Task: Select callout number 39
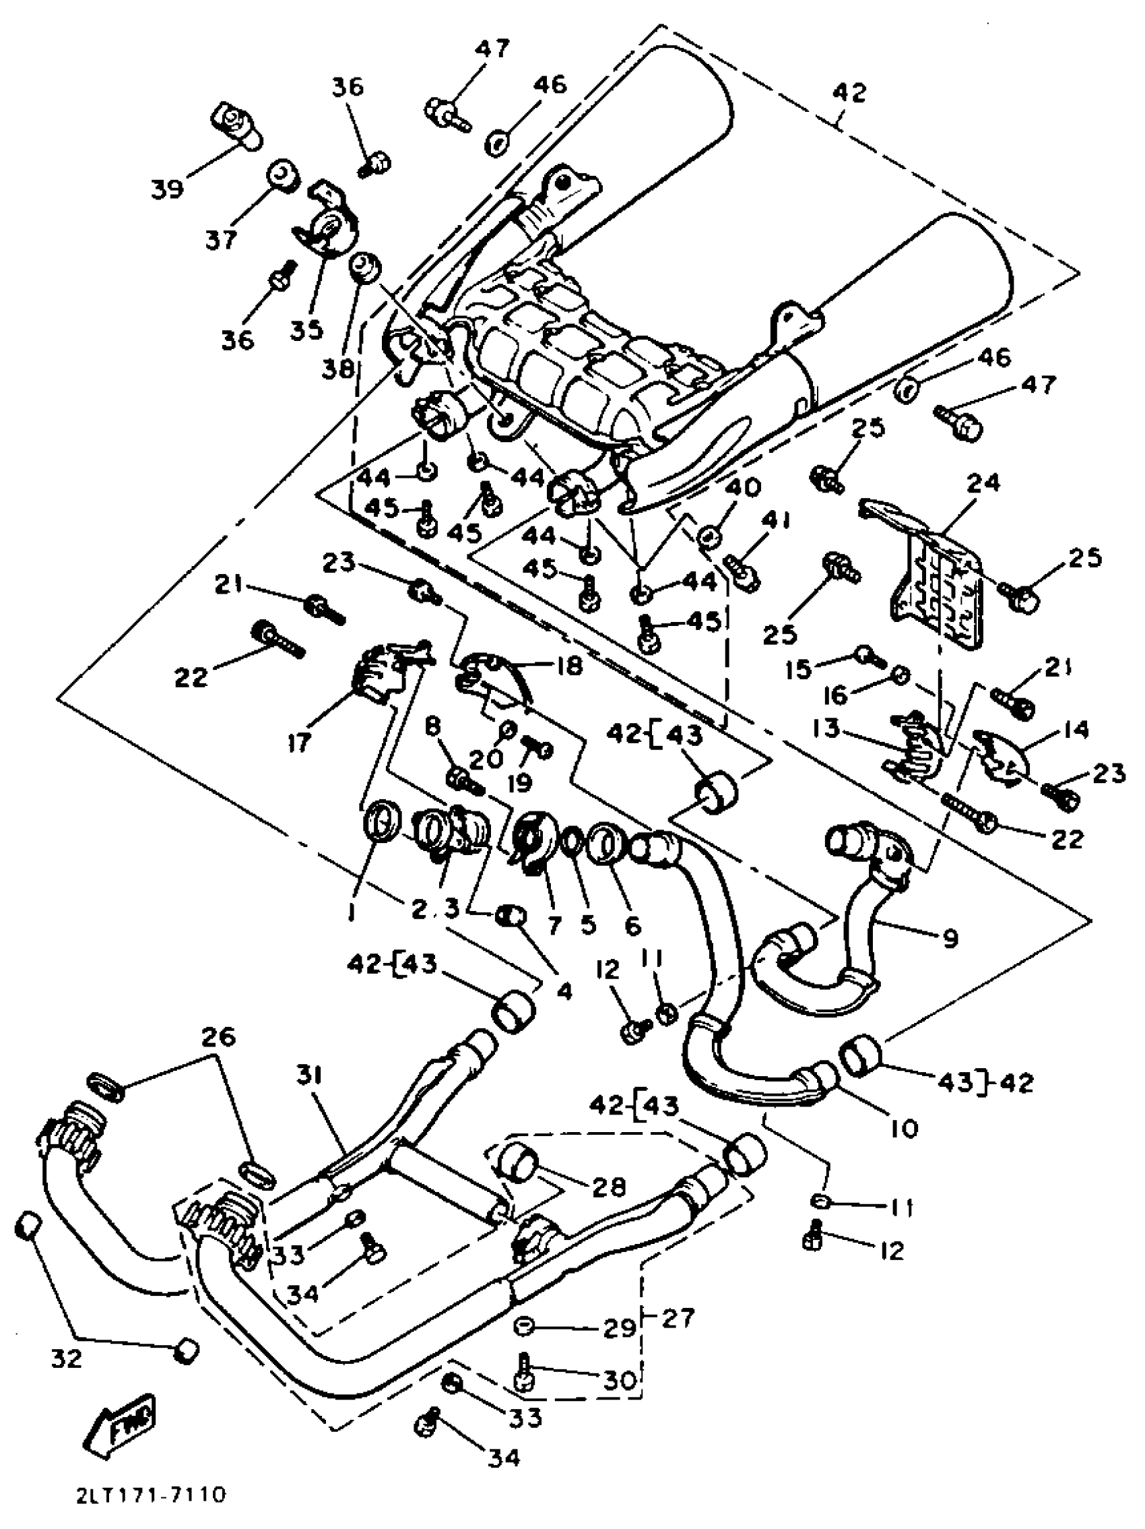(168, 188)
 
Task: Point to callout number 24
(983, 482)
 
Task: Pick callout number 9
(951, 938)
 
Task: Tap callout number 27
(678, 1319)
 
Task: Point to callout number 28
(608, 1186)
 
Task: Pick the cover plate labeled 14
(1002, 759)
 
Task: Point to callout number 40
(743, 487)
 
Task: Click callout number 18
(564, 666)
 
